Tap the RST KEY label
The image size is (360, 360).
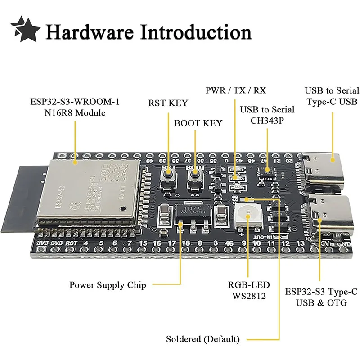168,103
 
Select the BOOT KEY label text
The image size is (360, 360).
198,123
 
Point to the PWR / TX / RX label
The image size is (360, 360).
236,90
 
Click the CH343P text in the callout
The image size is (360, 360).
267,121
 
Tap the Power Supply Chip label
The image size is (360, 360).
108,285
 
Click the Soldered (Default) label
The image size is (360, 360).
203,339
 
